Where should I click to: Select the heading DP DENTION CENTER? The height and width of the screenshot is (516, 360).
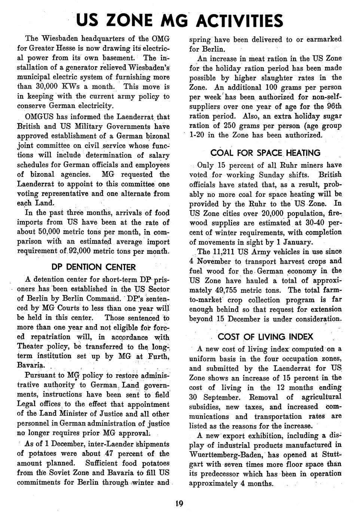pyautogui.click(x=93, y=267)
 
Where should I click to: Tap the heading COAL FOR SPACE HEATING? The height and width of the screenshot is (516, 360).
pyautogui.click(x=265, y=153)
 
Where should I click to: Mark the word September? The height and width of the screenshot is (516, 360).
pyautogui.click(x=219, y=397)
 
